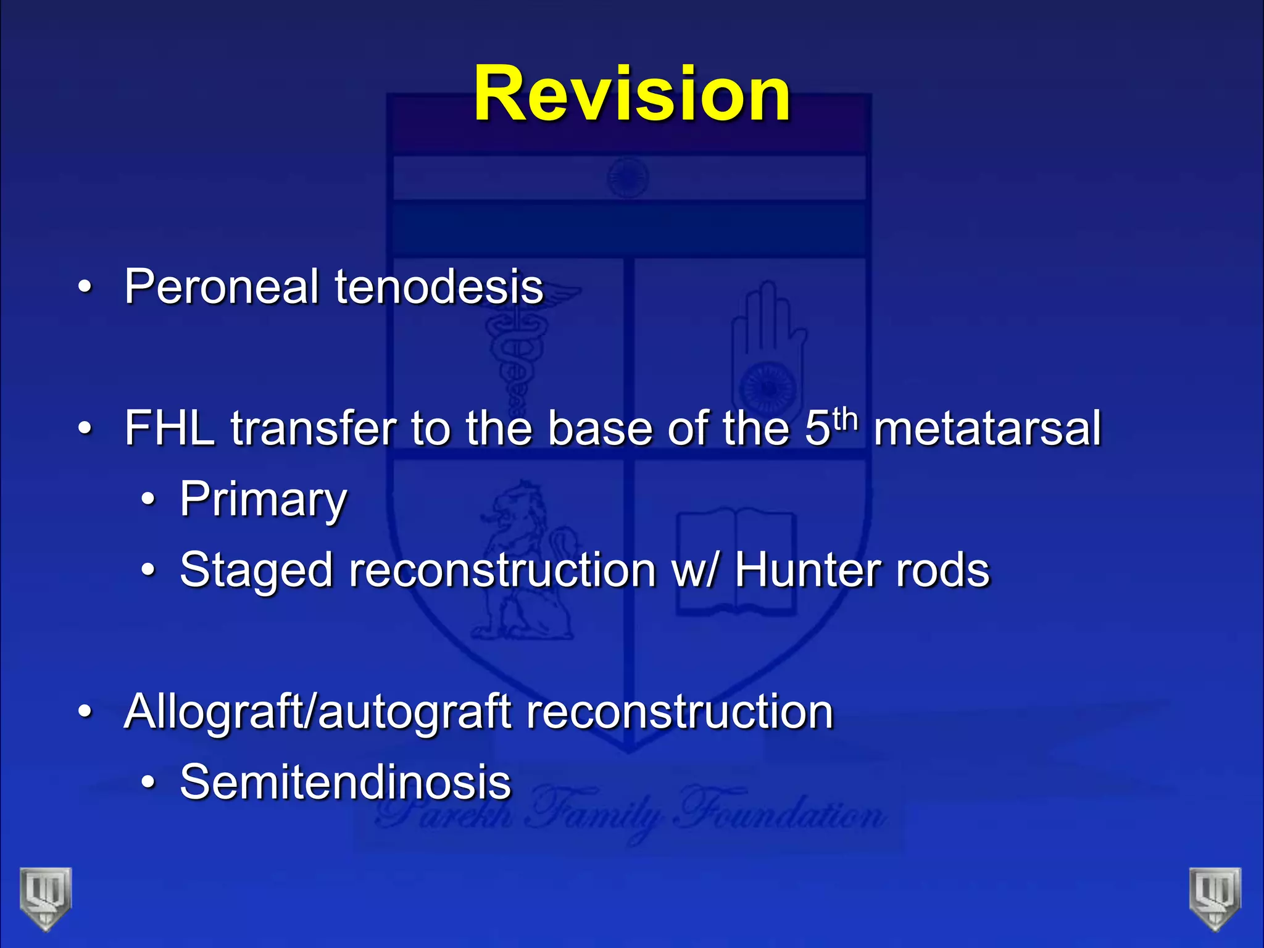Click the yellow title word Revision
[x=631, y=94]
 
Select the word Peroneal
[x=221, y=287]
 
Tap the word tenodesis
[x=439, y=287]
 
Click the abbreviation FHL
[x=170, y=428]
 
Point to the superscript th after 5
[x=845, y=419]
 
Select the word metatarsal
[x=987, y=428]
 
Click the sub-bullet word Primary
[x=264, y=500]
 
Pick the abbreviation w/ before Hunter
[x=695, y=570]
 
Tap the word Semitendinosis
[x=346, y=782]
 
